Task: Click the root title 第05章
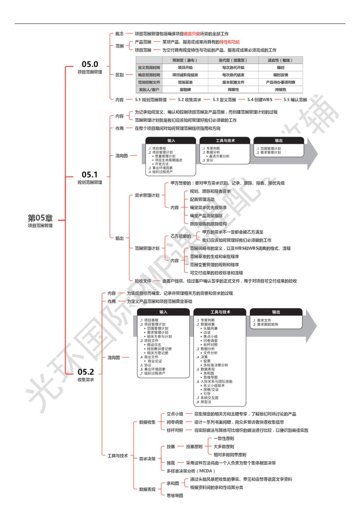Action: (x=40, y=218)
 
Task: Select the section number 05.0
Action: (x=90, y=64)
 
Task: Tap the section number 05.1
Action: (x=90, y=174)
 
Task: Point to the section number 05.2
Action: (x=86, y=372)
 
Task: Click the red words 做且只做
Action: (x=192, y=34)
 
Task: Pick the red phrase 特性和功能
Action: (x=229, y=42)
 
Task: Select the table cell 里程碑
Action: (x=185, y=90)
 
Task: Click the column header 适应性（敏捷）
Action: (x=280, y=60)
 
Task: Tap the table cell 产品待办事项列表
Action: (x=280, y=82)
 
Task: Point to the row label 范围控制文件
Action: (x=149, y=82)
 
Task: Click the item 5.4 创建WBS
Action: (x=260, y=100)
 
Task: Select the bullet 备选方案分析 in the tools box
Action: (x=219, y=156)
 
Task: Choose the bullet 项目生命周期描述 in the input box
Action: (x=169, y=160)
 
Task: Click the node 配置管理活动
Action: (x=202, y=200)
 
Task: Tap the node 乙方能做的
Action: (x=181, y=236)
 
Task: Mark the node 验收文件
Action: (x=143, y=281)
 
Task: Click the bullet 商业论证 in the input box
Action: (x=155, y=361)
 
